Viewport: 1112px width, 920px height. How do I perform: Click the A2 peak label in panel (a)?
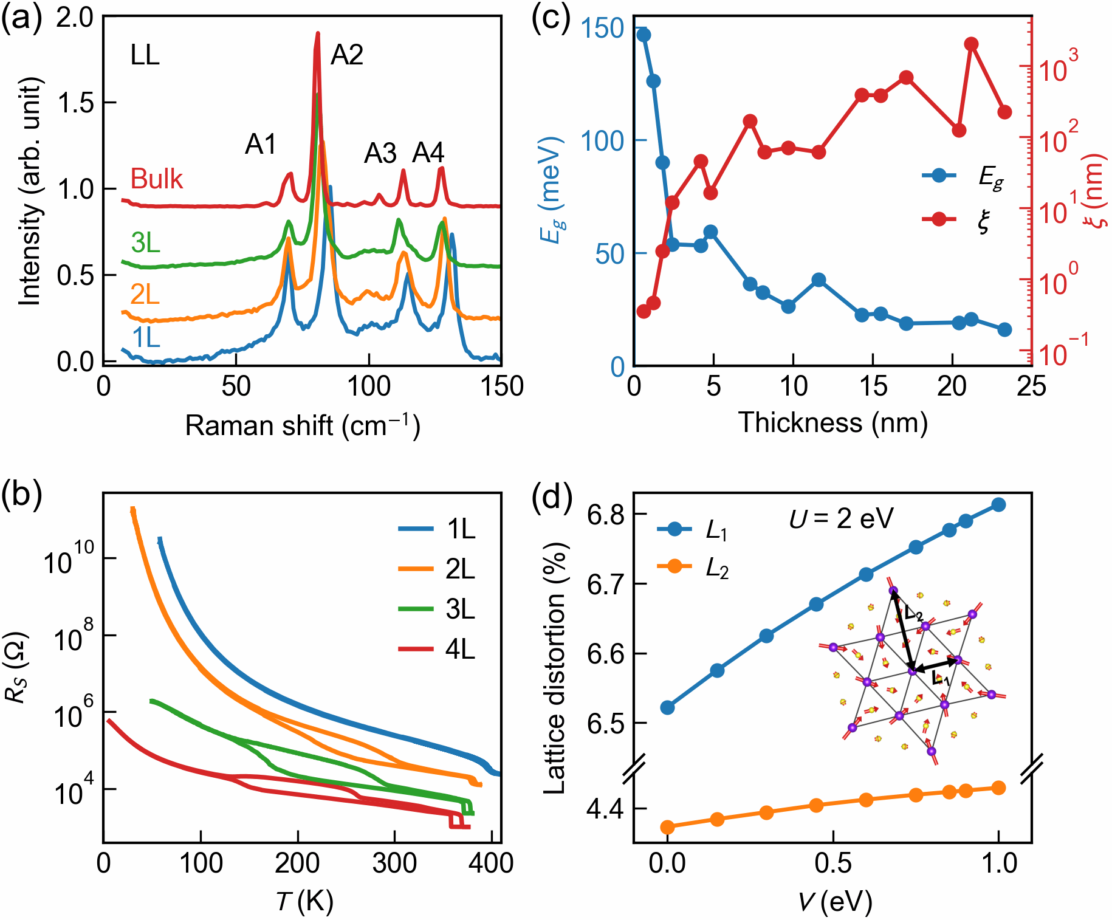(x=347, y=55)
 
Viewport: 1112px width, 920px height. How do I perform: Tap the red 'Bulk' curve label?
(x=157, y=179)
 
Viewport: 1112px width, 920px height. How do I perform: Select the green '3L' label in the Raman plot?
(x=145, y=243)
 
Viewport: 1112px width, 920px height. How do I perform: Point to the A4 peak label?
(x=428, y=153)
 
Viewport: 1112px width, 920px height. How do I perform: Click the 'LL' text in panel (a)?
(x=145, y=56)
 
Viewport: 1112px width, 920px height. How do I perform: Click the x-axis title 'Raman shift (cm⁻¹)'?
(x=303, y=425)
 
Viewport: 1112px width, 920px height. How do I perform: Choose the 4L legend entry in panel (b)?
(x=437, y=649)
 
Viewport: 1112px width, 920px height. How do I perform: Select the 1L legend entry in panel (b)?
(x=437, y=529)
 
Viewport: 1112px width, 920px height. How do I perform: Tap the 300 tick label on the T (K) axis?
(x=395, y=863)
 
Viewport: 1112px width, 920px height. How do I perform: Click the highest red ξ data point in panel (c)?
(x=971, y=44)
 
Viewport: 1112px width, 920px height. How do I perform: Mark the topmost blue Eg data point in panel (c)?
(x=644, y=35)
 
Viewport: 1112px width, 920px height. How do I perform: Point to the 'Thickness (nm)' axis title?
(x=832, y=422)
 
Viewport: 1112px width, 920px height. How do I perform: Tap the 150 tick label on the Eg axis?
(x=603, y=28)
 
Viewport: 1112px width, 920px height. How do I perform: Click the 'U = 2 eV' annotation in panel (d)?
(x=842, y=519)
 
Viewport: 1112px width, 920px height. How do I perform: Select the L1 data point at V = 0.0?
(x=667, y=707)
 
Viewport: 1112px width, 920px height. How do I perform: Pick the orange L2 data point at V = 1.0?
(x=998, y=788)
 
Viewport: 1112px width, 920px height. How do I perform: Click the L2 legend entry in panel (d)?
(x=693, y=568)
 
